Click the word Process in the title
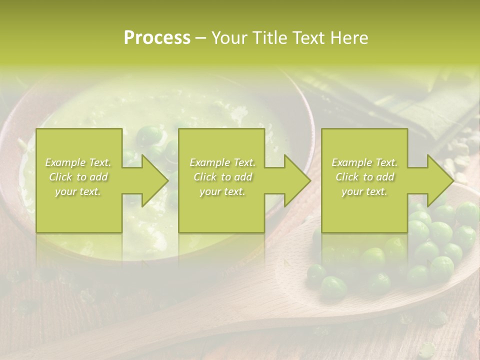[x=157, y=38]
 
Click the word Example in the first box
[x=65, y=162]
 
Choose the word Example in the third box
[x=351, y=162]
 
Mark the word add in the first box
[x=99, y=177]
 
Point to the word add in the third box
[x=385, y=177]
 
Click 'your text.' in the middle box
[x=222, y=191]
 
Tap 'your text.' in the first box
[x=77, y=191]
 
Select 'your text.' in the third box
[x=364, y=191]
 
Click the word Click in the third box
[x=348, y=177]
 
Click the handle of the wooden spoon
[x=150, y=335]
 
